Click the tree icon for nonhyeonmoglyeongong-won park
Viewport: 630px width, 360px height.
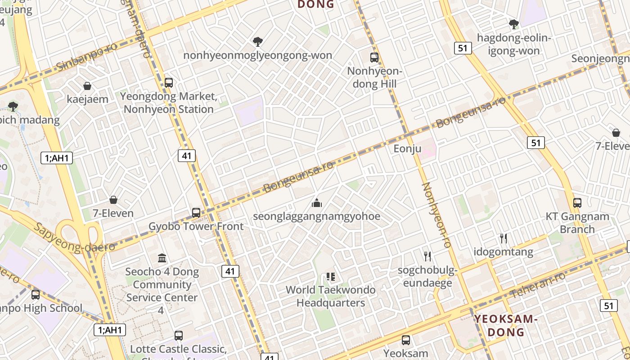tap(258, 42)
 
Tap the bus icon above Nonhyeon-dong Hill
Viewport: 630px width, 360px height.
tap(374, 57)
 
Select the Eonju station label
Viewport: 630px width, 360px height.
tap(407, 148)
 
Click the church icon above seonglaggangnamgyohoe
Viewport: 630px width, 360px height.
tap(317, 203)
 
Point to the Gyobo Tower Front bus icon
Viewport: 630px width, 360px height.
tap(196, 212)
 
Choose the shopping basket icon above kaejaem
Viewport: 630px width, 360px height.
tap(87, 85)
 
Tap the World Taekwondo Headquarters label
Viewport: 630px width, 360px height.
tap(331, 296)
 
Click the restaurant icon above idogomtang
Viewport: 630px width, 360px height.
tap(504, 238)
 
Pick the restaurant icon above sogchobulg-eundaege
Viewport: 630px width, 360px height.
tap(427, 256)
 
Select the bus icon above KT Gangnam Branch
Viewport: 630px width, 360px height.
tap(577, 202)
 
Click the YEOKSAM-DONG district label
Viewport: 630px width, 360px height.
tap(507, 326)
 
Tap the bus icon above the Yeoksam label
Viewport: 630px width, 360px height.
tap(406, 340)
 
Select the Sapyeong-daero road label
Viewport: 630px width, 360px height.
tap(74, 238)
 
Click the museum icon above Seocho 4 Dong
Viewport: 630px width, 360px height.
tap(162, 258)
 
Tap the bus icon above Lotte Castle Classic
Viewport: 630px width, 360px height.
tap(179, 335)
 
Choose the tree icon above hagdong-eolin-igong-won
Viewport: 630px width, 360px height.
tap(513, 24)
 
